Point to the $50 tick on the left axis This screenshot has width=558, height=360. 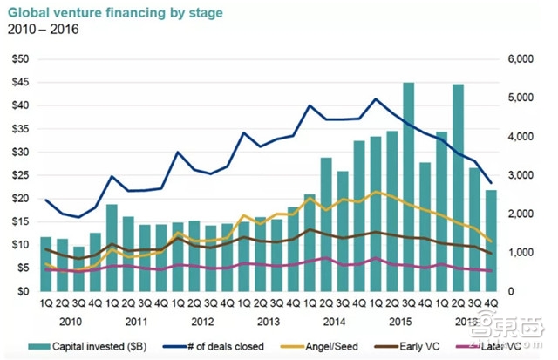point(19,58)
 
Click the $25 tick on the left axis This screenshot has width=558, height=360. point(19,174)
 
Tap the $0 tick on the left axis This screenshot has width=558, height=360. point(23,291)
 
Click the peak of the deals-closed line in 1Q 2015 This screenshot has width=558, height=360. point(376,98)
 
